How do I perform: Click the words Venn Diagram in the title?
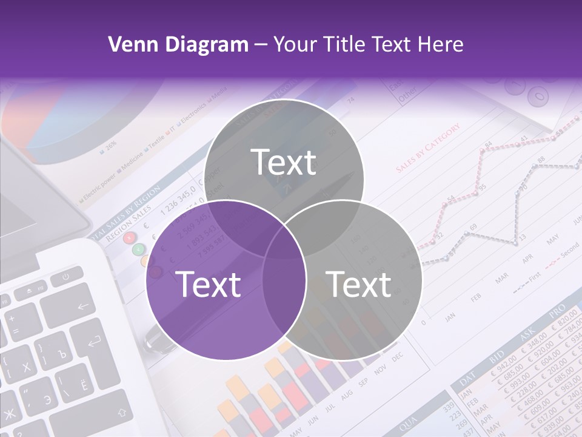[178, 44]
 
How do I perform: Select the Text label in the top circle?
[284, 162]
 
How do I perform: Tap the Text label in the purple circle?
[208, 284]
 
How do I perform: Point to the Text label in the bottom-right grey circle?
[358, 284]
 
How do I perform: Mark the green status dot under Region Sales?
[139, 249]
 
